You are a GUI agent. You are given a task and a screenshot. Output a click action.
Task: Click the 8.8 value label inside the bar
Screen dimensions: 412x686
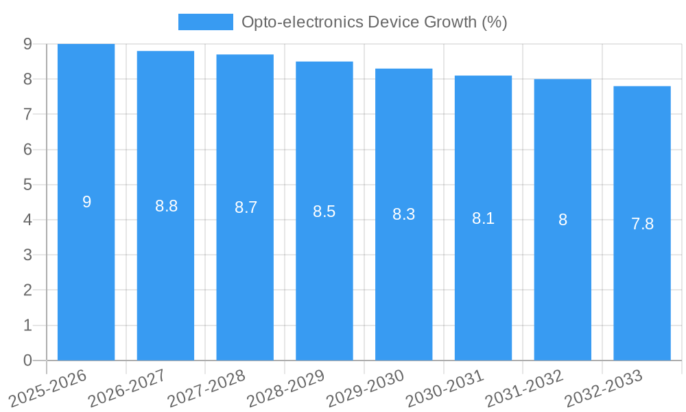(166, 206)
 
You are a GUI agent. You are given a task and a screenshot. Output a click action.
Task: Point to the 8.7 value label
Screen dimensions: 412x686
(246, 207)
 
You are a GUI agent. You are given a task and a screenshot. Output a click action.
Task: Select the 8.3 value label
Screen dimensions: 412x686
(403, 214)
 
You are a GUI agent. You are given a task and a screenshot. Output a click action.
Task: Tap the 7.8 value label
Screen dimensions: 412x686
(642, 224)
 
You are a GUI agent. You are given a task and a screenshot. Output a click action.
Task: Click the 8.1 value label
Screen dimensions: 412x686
(483, 219)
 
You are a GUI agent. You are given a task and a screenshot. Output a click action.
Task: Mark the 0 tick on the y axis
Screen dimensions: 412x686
(27, 360)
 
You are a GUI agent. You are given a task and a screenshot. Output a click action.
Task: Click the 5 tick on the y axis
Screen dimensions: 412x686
(27, 185)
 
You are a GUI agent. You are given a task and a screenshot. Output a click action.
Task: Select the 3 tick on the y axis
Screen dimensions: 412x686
(27, 255)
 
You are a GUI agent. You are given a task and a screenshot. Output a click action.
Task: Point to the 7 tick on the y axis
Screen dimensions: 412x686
(27, 114)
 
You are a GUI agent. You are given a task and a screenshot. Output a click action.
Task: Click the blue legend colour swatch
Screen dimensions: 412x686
(205, 22)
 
